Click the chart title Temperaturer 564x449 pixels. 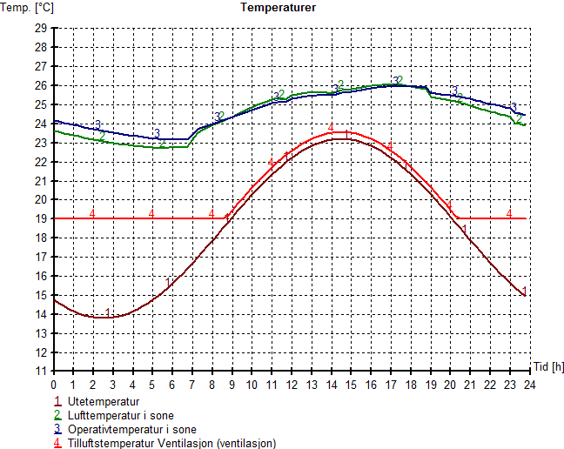pyautogui.click(x=279, y=7)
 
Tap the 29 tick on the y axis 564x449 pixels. pyautogui.click(x=40, y=28)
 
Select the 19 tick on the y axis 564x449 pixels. pyautogui.click(x=40, y=218)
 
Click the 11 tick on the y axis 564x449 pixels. pyautogui.click(x=40, y=371)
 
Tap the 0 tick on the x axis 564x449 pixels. pyautogui.click(x=54, y=384)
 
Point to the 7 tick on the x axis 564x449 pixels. pyautogui.click(x=192, y=384)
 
